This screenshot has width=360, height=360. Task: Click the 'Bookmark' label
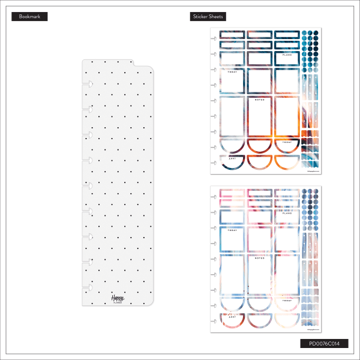point(29,17)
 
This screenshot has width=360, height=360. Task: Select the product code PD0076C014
point(324,344)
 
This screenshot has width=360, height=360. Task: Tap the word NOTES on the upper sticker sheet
point(260,100)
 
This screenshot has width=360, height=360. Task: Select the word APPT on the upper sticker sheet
point(232,158)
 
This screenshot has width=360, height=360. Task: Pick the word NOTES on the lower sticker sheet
point(260,258)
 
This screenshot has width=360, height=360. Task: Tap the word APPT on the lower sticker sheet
point(232,316)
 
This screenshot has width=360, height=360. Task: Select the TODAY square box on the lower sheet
point(232,240)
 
